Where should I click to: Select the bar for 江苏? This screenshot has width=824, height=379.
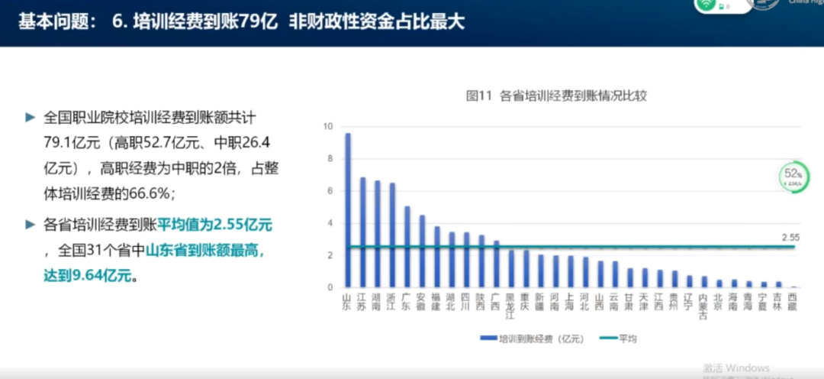(x=362, y=232)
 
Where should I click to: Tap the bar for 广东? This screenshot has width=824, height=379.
(x=407, y=247)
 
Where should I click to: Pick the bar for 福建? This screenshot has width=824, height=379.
(x=436, y=257)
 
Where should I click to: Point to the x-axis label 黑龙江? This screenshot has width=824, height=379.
(x=511, y=304)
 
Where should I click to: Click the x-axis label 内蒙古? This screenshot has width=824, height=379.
(x=704, y=304)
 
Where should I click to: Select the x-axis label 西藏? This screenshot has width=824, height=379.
(x=793, y=300)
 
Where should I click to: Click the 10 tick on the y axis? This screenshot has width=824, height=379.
(x=328, y=126)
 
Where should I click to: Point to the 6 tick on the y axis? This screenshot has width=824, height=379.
(x=329, y=191)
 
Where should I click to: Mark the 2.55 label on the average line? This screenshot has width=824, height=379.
(x=790, y=238)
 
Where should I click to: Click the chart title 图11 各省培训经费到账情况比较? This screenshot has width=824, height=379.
(x=557, y=96)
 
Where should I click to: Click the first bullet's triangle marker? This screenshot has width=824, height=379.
(x=31, y=117)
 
